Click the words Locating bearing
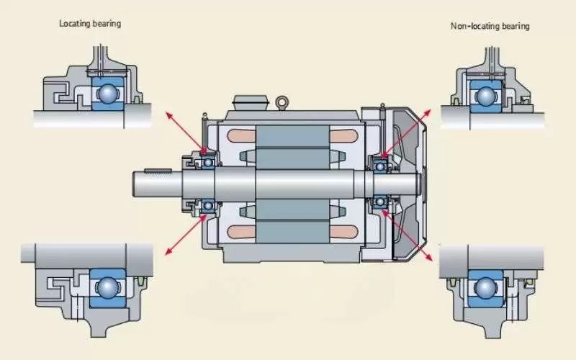coord(90,23)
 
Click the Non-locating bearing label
coord(490,26)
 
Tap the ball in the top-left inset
coord(107,94)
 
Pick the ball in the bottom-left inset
coord(107,286)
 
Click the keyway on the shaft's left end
coord(156,171)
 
